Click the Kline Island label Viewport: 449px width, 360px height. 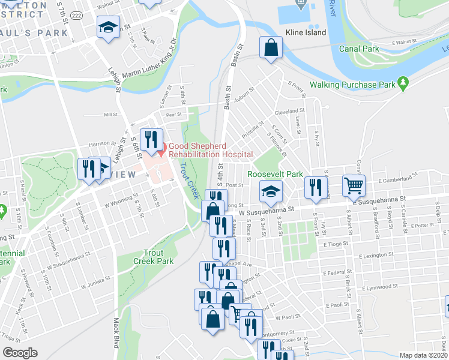pos(306,32)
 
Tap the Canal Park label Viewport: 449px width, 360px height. pos(358,49)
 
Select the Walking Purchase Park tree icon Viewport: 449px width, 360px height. pos(403,84)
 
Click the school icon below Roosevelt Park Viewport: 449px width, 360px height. pos(271,191)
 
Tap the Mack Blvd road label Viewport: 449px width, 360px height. pos(115,334)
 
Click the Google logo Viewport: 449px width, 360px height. pos(20,353)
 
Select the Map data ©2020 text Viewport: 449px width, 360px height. pos(423,355)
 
